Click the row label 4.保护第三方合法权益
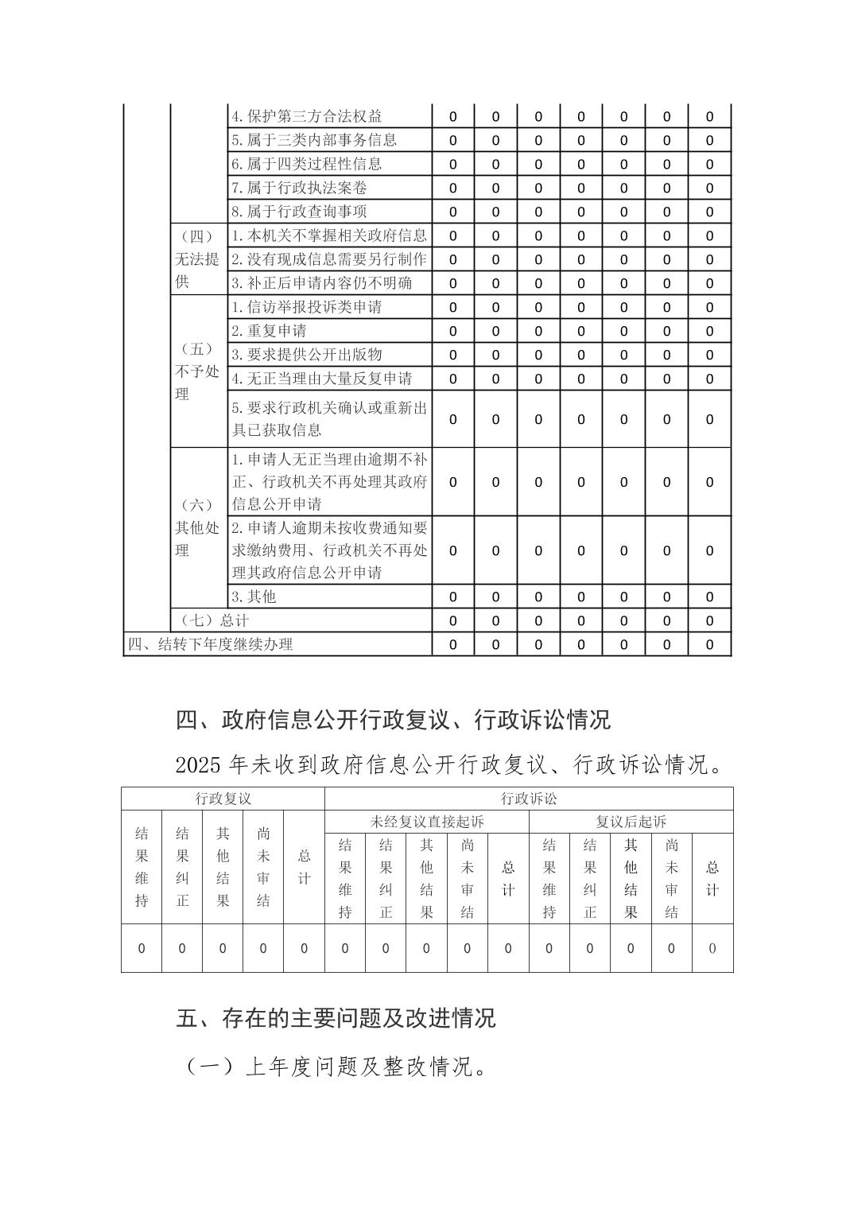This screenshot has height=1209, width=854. coord(307,116)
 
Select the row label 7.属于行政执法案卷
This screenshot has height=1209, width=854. coord(299,188)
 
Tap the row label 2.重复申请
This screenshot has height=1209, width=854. coord(269,331)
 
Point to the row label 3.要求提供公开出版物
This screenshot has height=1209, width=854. coord(307,355)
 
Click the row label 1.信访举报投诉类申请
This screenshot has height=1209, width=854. coord(307,307)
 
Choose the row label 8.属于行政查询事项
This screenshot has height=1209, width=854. coord(299,212)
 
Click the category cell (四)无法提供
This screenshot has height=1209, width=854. coord(197,259)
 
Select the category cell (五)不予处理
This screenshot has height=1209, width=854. coord(197,371)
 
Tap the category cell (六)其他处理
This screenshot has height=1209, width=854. coord(197,527)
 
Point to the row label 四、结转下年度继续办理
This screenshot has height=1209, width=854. coord(211,644)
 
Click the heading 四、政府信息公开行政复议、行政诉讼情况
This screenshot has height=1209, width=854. coord(393,720)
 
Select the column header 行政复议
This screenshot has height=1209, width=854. coord(223,799)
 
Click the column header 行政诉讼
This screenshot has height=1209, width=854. coord(529,799)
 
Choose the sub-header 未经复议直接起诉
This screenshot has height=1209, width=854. coord(427,822)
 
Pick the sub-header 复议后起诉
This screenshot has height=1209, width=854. coord(631,822)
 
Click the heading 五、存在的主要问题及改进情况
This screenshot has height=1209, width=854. coord(336,1018)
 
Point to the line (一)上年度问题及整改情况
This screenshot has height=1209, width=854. coord(336,1066)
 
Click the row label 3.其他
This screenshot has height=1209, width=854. coord(254,597)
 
